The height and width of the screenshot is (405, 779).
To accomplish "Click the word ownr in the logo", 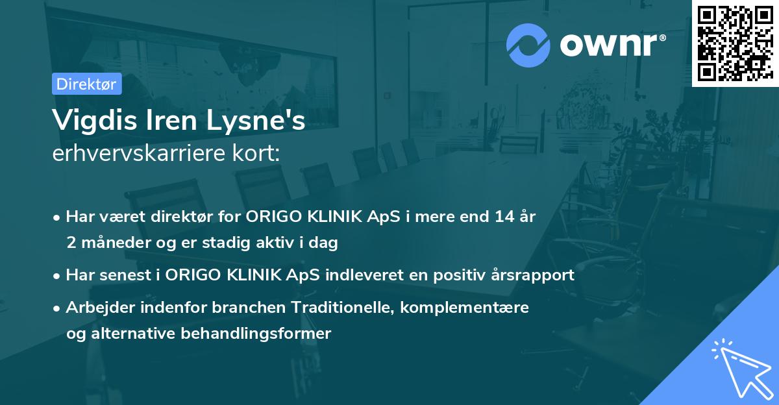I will click(611, 44).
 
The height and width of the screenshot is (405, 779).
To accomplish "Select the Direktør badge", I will click(86, 84).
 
